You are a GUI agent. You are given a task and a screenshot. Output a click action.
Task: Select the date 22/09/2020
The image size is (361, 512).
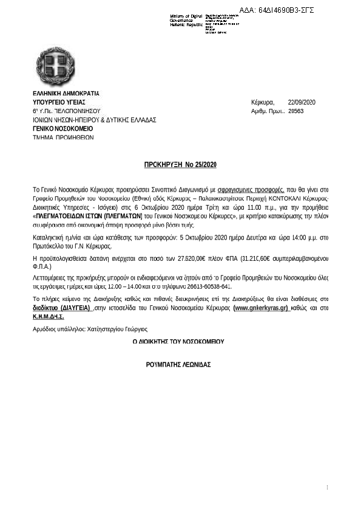[302, 102]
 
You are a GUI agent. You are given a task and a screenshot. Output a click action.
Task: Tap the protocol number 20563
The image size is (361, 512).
[296, 111]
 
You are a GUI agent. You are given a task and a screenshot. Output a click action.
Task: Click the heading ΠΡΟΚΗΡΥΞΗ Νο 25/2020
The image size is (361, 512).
[180, 165]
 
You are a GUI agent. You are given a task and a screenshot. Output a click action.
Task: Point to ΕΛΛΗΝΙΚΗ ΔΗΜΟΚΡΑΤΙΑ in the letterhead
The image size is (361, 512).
[66, 93]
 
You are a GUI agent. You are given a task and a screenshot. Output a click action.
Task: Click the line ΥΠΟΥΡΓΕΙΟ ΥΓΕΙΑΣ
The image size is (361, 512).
[58, 102]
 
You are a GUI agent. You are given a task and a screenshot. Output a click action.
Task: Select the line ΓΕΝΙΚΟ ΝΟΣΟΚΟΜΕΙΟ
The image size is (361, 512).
[62, 129]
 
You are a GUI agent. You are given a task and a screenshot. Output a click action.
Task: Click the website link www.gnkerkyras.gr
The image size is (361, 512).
[261, 308]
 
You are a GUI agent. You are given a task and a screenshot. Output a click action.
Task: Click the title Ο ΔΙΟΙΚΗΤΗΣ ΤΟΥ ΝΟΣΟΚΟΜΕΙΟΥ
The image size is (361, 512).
[178, 342]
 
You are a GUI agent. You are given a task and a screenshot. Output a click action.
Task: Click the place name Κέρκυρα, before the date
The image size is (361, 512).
[263, 102]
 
